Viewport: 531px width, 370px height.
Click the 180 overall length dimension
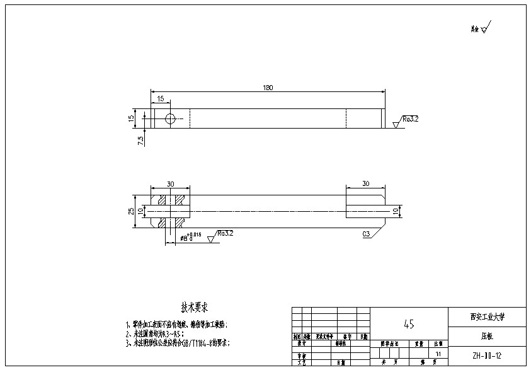click(268, 88)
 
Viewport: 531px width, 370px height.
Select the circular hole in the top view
click(169, 119)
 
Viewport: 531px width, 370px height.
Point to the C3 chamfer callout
click(366, 234)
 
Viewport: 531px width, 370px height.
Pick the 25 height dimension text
click(132, 211)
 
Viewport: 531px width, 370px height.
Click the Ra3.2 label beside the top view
click(411, 119)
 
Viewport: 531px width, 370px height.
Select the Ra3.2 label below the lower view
click(226, 233)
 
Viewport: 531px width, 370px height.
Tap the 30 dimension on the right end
click(365, 184)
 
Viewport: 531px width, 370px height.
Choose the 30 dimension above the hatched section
click(170, 184)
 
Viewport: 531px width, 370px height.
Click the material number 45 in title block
click(408, 324)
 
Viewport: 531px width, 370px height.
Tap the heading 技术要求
click(195, 308)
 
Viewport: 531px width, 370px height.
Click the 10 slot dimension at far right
click(396, 211)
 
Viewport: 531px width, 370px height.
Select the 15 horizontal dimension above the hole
click(161, 99)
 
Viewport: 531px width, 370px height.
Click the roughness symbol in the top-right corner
click(482, 28)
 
